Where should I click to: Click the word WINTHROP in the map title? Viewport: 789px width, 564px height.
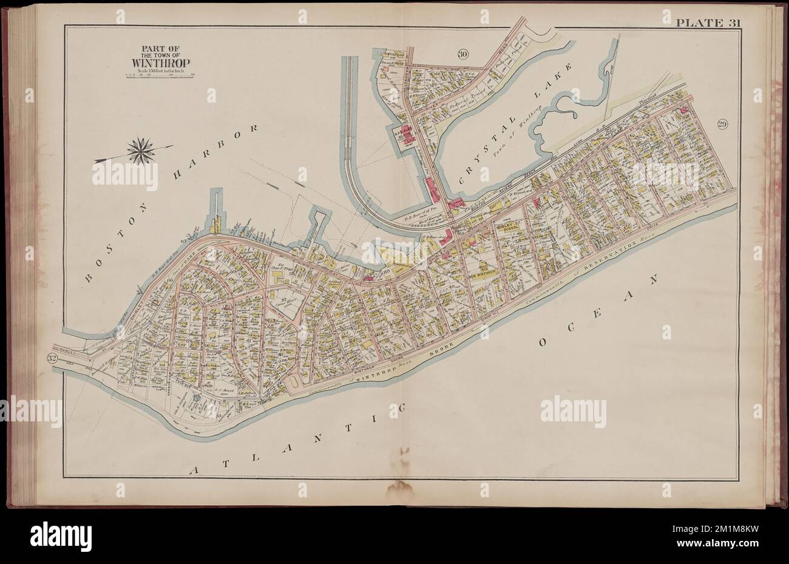click(155, 63)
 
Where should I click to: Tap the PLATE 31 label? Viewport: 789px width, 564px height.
click(708, 24)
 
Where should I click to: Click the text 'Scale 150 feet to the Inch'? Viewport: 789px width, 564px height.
click(154, 71)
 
